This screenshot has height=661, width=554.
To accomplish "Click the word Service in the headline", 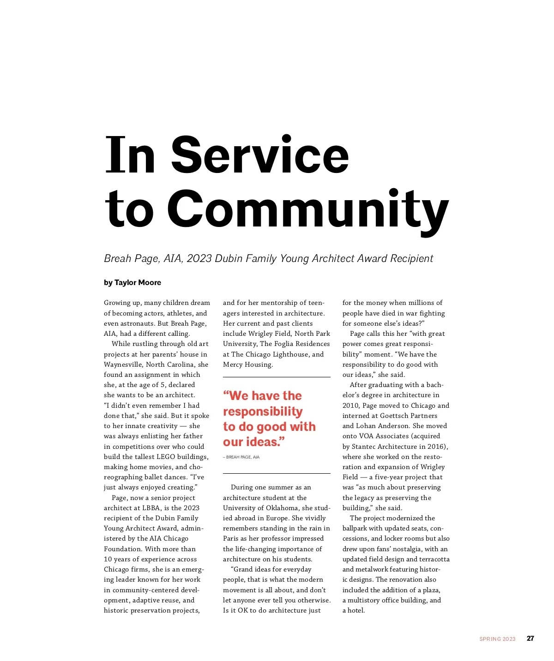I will click(260, 155).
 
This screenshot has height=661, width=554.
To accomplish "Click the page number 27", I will click(530, 638).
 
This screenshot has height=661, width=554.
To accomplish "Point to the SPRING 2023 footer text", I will click(497, 639).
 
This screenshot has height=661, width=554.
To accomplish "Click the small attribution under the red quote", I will click(241, 457).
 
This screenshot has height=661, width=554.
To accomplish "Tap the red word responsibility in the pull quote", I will click(263, 411).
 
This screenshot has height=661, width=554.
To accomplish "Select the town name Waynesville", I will click(123, 364).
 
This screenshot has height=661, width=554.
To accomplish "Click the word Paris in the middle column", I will click(230, 539).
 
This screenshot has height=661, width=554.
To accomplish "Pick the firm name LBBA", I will click(151, 508).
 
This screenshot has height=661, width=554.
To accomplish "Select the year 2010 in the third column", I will click(351, 405).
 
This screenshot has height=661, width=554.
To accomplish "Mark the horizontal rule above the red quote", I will click(277, 377).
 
